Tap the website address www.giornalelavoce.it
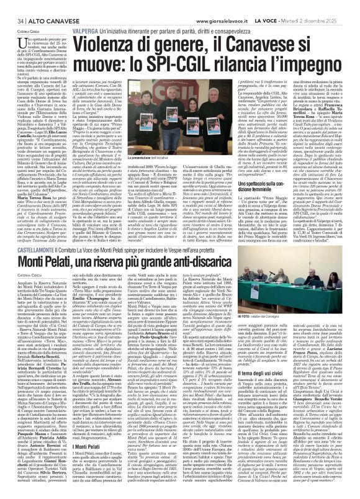point(218,6)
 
